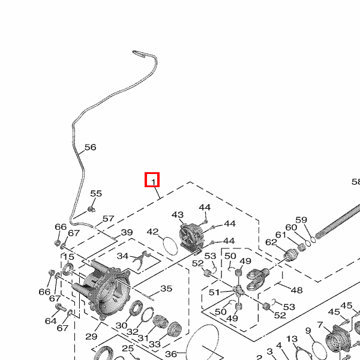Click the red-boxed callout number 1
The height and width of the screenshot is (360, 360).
pos(152,180)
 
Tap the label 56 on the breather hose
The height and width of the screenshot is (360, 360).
pos(90,147)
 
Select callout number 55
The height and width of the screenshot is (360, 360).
pos(96,194)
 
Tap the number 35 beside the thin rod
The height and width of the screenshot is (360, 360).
pos(166,289)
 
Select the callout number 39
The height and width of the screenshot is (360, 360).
pos(127,233)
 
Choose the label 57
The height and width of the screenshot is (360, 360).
pos(108,219)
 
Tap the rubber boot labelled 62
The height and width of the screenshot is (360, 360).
pos(292,254)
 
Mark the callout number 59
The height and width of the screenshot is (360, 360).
pos(301,220)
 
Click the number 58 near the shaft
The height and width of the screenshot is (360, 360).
pos(356,182)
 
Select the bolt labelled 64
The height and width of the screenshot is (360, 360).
pos(61,308)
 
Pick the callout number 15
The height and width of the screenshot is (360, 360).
pos(68,257)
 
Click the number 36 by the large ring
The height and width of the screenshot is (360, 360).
pos(171,354)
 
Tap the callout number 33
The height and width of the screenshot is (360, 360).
pos(155,344)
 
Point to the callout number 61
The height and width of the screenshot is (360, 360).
pos(281,235)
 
